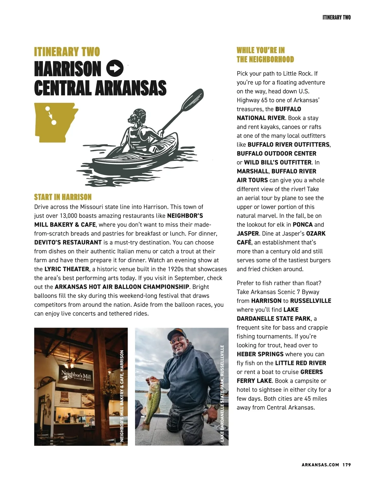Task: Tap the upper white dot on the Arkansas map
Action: coord(47,108)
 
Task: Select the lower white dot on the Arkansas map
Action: coord(54,123)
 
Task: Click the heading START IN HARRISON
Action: coord(63,197)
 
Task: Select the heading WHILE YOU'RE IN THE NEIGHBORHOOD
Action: coord(265,55)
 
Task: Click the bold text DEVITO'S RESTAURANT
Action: coord(68,243)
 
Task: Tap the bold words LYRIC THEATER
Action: coord(67,269)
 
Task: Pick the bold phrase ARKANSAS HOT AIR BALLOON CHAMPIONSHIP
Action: coord(122,287)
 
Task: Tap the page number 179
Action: coord(346,465)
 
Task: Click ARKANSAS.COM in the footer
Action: coord(320,465)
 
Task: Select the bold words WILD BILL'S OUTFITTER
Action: coord(278,162)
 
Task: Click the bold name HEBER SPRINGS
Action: coord(260,354)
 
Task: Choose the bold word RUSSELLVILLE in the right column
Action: coord(311,301)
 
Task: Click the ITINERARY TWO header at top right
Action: coord(336,17)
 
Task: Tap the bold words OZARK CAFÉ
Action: coord(315,234)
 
